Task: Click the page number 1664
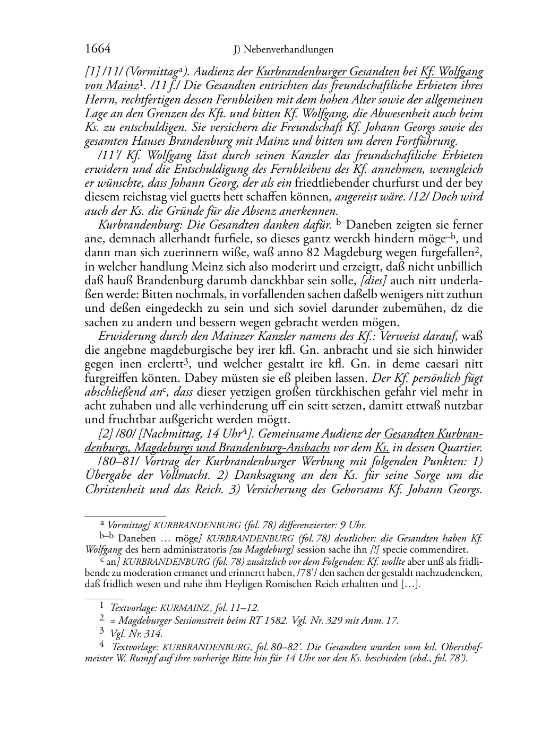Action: (x=98, y=49)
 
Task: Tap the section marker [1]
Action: (x=92, y=72)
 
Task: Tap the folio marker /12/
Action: (x=432, y=197)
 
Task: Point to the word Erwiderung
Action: (x=125, y=336)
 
